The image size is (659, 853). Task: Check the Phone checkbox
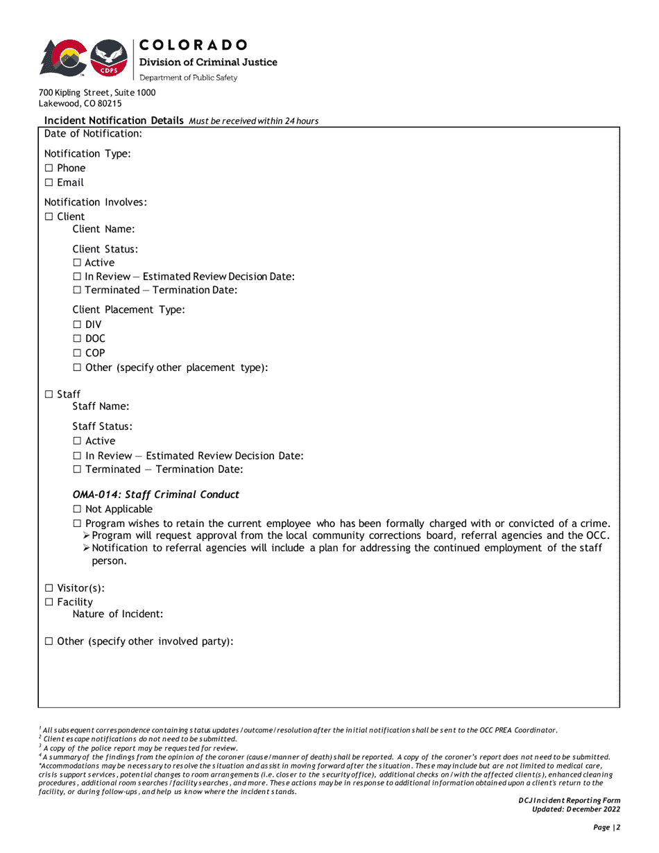pyautogui.click(x=49, y=169)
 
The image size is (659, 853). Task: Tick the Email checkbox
pyautogui.click(x=49, y=183)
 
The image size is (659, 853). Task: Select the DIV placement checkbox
pyautogui.click(x=77, y=325)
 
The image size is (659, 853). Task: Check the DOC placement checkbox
pyautogui.click(x=77, y=339)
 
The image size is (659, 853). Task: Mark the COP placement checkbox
pyautogui.click(x=77, y=353)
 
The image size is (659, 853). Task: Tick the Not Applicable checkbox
pyautogui.click(x=77, y=510)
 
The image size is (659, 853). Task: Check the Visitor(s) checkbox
pyautogui.click(x=49, y=589)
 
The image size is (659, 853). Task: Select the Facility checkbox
pyautogui.click(x=49, y=603)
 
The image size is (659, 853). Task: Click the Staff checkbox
pyautogui.click(x=49, y=395)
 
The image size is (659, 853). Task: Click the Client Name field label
pyautogui.click(x=103, y=229)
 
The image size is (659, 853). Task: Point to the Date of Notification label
pyautogui.click(x=93, y=133)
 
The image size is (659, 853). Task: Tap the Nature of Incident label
pyautogui.click(x=117, y=614)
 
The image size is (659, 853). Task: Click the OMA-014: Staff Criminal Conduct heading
pyautogui.click(x=155, y=495)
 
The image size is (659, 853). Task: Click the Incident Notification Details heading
pyautogui.click(x=114, y=121)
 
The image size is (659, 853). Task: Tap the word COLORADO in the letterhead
pyautogui.click(x=194, y=45)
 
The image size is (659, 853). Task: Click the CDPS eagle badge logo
pyautogui.click(x=109, y=58)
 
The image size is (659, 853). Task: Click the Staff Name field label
pyautogui.click(x=101, y=406)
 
